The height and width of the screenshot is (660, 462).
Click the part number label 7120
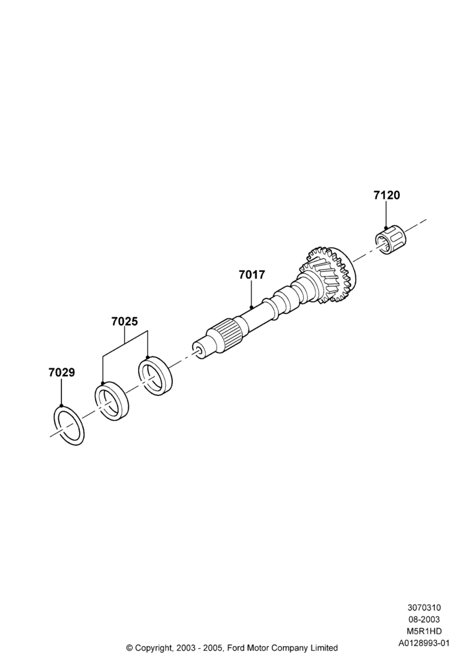(387, 195)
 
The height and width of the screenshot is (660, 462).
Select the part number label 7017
(251, 275)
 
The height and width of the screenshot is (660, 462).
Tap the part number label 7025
(125, 321)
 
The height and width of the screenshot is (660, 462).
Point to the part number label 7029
(61, 372)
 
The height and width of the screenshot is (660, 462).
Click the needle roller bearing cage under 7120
(389, 240)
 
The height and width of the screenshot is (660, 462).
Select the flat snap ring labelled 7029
(69, 426)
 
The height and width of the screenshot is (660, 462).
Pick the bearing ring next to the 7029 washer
(111, 401)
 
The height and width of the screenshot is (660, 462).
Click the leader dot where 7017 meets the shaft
(251, 308)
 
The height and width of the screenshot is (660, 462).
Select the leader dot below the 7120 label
(386, 228)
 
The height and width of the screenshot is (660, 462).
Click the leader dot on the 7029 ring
(61, 405)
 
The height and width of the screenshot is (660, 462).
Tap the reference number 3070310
(424, 607)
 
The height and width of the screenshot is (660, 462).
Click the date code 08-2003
(424, 619)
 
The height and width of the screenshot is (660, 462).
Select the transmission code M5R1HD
(424, 631)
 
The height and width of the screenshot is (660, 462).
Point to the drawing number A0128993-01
(424, 643)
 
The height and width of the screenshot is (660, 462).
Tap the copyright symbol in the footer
(129, 647)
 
